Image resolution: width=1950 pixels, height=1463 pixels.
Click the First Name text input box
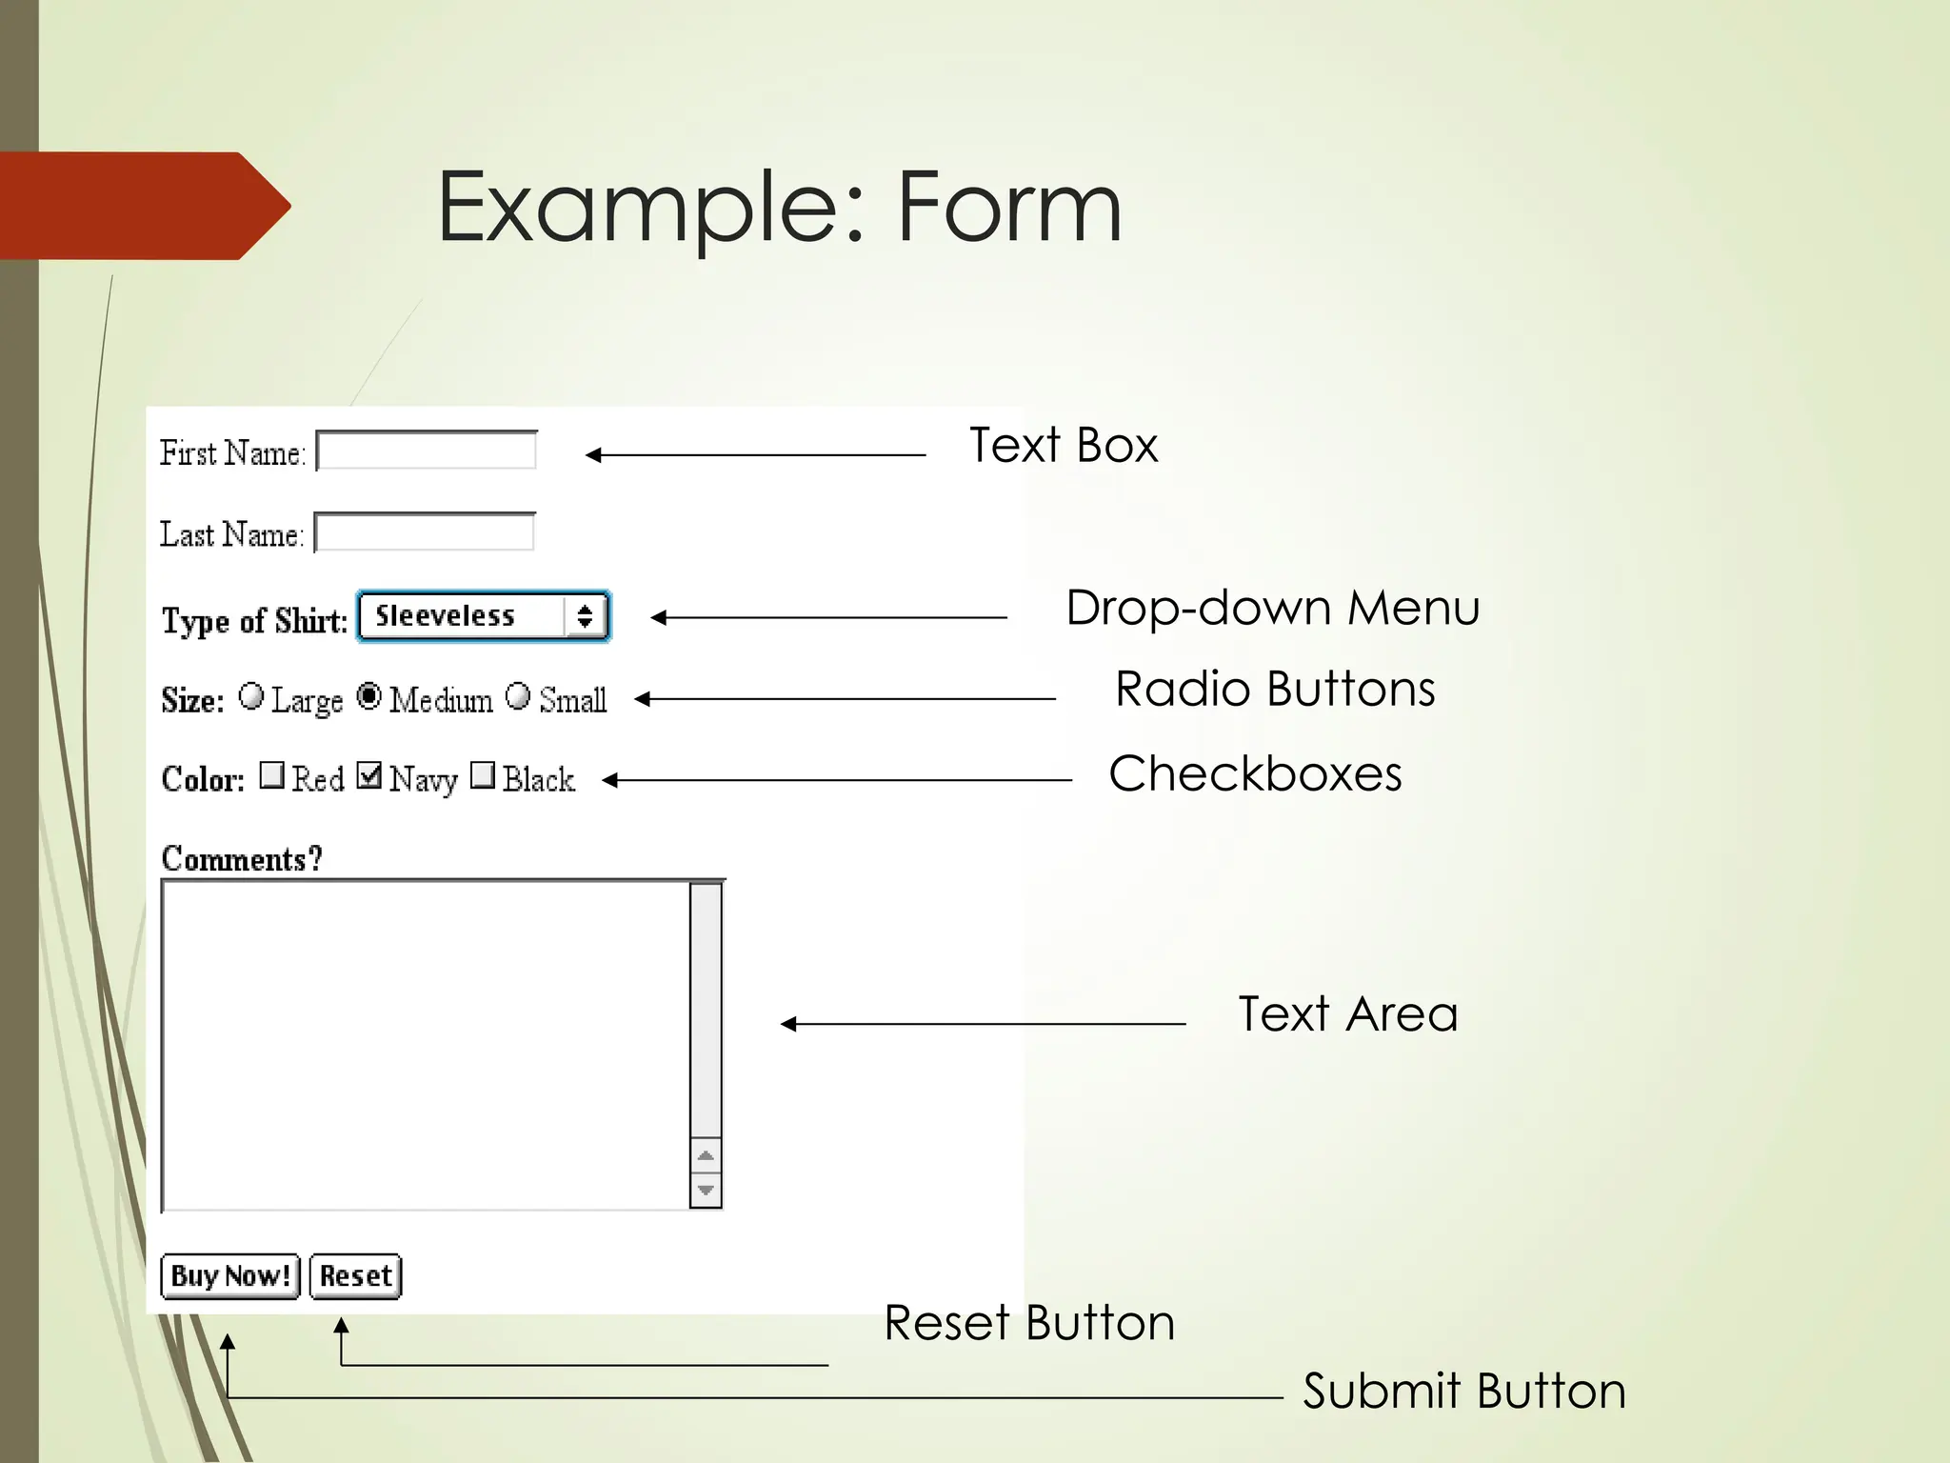tap(427, 451)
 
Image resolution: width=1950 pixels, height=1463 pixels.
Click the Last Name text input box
tap(425, 532)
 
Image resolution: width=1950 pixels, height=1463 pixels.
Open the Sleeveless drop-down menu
tap(484, 616)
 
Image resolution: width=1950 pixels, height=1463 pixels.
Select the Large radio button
tap(251, 696)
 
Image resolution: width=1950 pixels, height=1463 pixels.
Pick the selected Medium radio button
tap(369, 696)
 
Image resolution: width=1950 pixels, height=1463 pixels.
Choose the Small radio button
tap(518, 696)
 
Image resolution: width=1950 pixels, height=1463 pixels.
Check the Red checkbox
tap(271, 774)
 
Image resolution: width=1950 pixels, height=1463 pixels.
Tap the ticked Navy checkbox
tap(369, 774)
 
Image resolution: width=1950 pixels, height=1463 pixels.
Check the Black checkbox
tap(483, 774)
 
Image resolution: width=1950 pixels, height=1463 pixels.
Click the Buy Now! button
tap(229, 1275)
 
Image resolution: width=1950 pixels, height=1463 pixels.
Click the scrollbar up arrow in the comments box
tap(706, 1155)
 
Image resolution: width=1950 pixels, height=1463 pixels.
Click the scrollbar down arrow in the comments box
tap(706, 1190)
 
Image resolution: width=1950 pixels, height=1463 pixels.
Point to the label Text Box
tap(1063, 446)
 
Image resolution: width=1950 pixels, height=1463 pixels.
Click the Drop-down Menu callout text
tap(1272, 608)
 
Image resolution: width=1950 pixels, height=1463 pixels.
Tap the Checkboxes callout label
tap(1255, 773)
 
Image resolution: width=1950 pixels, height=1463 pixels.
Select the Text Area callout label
tap(1347, 1013)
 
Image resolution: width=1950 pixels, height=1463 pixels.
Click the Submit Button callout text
tap(1463, 1391)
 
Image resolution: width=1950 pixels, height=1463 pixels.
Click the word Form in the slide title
tap(1009, 207)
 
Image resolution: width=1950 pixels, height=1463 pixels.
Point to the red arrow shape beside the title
tap(143, 206)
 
